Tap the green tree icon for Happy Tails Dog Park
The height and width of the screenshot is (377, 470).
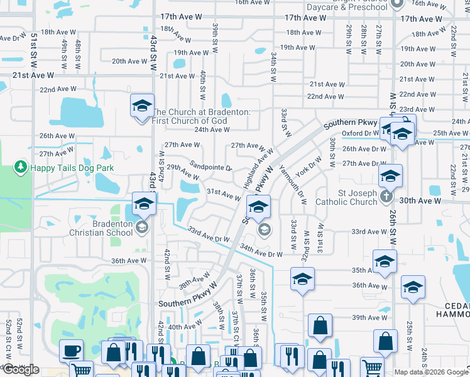click(x=21, y=167)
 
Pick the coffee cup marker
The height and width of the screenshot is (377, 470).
click(x=70, y=350)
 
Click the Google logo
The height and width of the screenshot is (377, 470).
click(x=21, y=369)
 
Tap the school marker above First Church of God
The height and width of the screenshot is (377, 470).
click(x=142, y=104)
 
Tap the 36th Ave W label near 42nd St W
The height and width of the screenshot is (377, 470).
click(x=129, y=261)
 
